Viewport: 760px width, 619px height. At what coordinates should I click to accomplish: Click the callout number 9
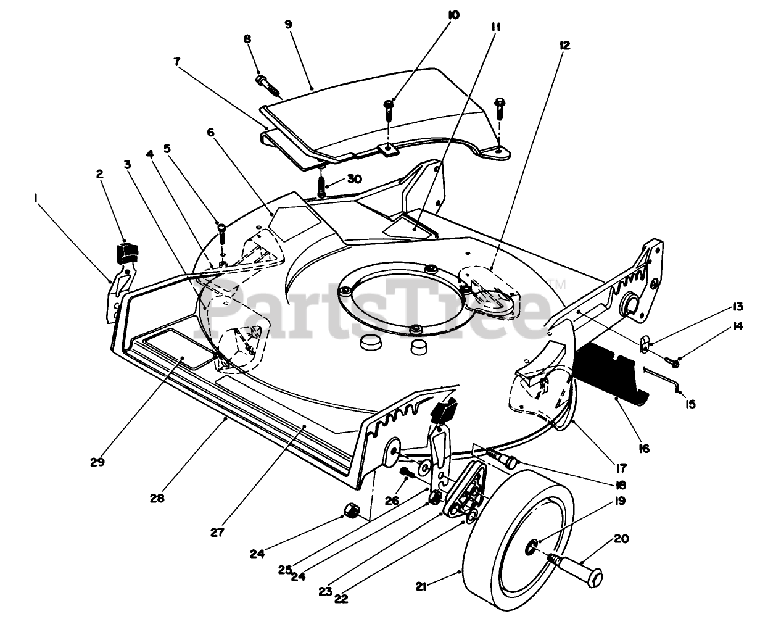click(288, 24)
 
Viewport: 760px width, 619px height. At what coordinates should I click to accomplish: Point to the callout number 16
click(643, 449)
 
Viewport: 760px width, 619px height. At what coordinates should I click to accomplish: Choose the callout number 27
click(217, 531)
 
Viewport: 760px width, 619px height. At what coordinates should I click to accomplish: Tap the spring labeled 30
click(321, 185)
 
